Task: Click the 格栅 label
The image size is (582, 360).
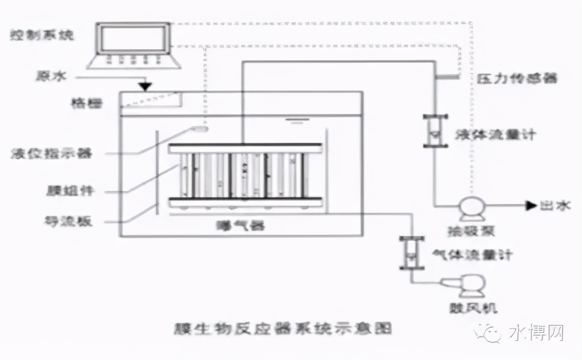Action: pos(87,102)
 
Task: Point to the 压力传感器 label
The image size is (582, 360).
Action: pos(517,78)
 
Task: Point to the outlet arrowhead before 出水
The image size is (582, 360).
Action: pos(530,206)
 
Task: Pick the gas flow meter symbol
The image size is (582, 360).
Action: pos(411,253)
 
